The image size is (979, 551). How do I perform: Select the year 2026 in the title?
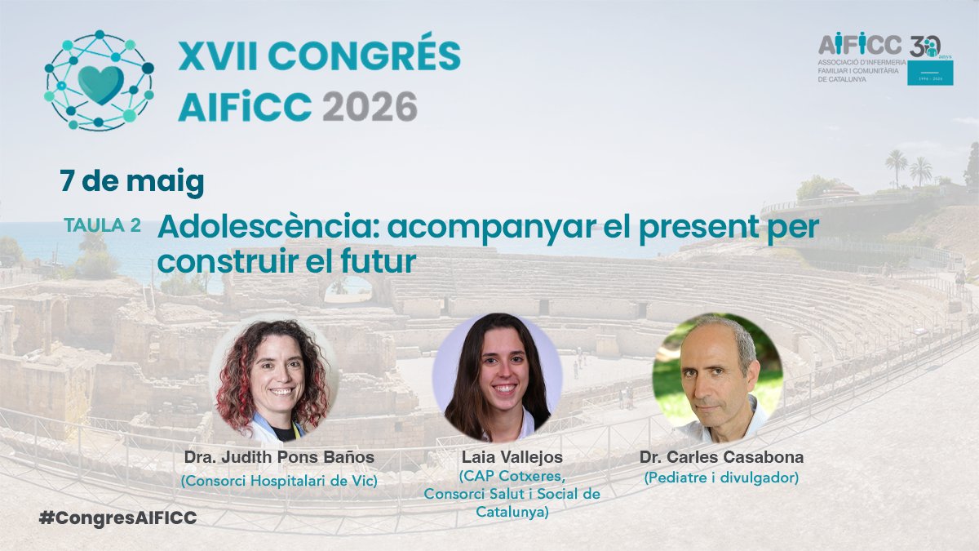point(370,106)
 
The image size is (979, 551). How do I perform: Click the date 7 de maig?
point(131,181)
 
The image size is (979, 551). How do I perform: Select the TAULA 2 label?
point(102,226)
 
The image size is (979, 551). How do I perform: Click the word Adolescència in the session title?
point(266,228)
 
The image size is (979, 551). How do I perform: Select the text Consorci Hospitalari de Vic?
point(279,481)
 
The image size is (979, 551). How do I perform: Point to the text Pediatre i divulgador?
point(720,478)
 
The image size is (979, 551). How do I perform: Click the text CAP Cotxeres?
point(512,476)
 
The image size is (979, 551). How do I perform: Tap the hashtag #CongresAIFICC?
point(117,518)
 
